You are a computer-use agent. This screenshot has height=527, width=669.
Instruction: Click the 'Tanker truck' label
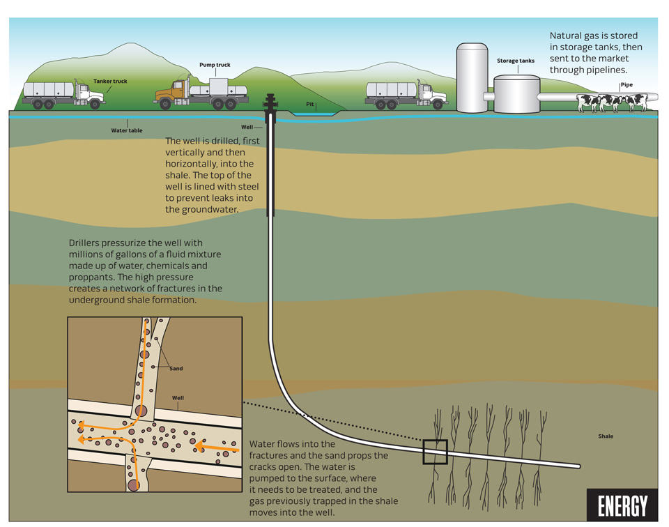pyautogui.click(x=110, y=81)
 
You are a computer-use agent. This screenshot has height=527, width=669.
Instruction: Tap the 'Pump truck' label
pyautogui.click(x=215, y=65)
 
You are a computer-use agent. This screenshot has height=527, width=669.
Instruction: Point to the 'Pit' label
pyautogui.click(x=309, y=104)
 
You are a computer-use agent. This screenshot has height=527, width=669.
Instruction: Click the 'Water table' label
pyautogui.click(x=127, y=130)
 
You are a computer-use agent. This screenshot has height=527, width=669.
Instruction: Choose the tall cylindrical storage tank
pyautogui.click(x=472, y=77)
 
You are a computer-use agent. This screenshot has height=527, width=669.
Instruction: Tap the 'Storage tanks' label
pyautogui.click(x=516, y=61)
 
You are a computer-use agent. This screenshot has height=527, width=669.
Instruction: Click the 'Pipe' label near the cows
pyautogui.click(x=626, y=85)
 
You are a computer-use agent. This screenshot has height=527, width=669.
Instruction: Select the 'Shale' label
pyautogui.click(x=606, y=436)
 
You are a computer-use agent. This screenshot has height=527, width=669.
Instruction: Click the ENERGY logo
pyautogui.click(x=622, y=505)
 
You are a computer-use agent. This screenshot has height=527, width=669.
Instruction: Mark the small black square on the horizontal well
pyautogui.click(x=435, y=452)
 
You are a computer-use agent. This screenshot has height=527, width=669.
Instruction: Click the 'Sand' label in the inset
pyautogui.click(x=176, y=368)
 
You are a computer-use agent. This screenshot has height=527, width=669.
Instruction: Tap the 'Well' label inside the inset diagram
pyautogui.click(x=178, y=398)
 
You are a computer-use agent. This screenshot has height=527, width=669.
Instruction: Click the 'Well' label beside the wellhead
pyautogui.click(x=247, y=127)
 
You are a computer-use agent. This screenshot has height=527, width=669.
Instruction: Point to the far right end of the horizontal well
pyautogui.click(x=578, y=466)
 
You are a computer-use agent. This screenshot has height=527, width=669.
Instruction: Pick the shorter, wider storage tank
pyautogui.click(x=516, y=94)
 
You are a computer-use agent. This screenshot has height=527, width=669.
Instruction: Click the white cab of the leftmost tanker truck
pyautogui.click(x=89, y=93)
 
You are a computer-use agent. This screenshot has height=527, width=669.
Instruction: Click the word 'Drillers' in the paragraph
pyautogui.click(x=85, y=243)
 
